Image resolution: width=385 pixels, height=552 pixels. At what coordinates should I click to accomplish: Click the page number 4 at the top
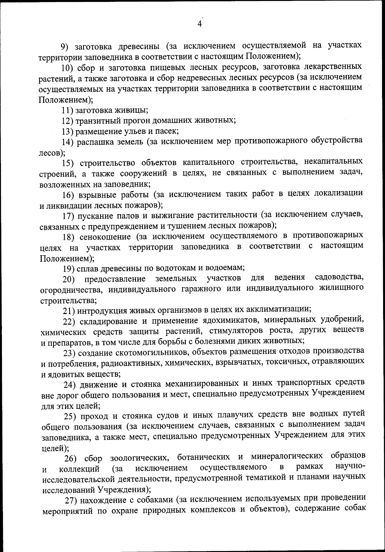click(x=200, y=24)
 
